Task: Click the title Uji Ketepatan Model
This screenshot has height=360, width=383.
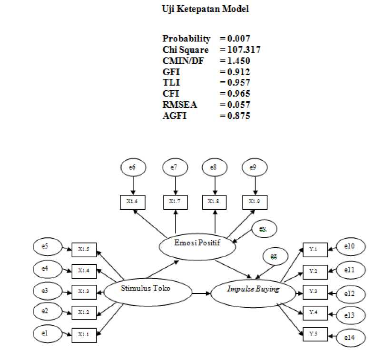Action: (205, 9)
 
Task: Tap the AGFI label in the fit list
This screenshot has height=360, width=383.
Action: (174, 116)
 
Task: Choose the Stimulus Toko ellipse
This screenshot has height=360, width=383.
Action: (148, 289)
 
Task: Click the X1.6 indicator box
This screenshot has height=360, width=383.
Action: (132, 202)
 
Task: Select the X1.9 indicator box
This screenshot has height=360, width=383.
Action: (255, 202)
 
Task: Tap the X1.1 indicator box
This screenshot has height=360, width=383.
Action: (84, 334)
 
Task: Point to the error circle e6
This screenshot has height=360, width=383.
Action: (132, 167)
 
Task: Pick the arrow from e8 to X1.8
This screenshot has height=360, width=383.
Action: (215, 185)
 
